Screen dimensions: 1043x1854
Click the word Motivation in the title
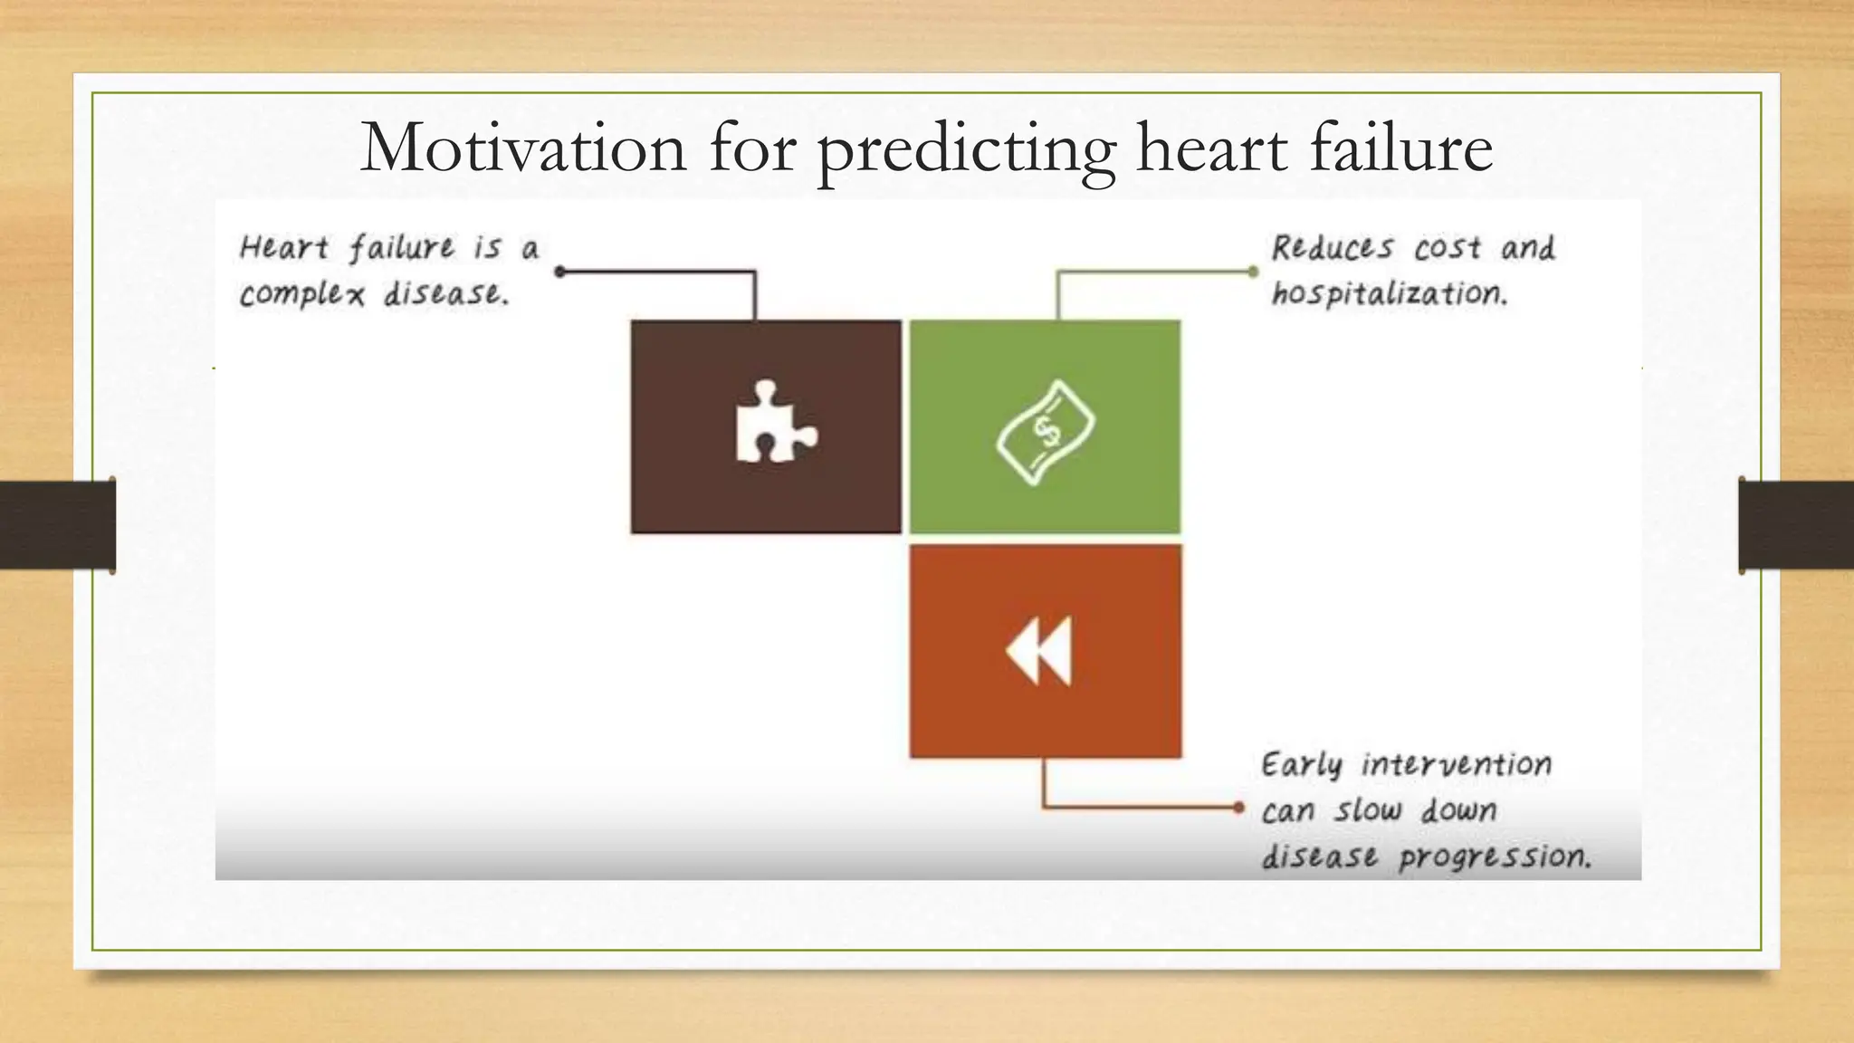pos(523,148)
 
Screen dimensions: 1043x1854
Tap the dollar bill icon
pos(1046,433)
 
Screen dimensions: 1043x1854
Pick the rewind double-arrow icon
pos(1039,650)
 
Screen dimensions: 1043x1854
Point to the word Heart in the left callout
pos(283,248)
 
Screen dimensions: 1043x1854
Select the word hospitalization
pos(1389,294)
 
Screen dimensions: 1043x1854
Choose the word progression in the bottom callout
pos(1495,856)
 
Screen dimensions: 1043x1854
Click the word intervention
pos(1456,765)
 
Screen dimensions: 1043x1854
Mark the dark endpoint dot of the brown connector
pos(559,271)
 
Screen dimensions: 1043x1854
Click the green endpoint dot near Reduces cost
pos(1253,271)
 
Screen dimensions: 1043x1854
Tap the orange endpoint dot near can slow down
pos(1238,807)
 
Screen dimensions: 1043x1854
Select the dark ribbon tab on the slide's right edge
pos(1795,525)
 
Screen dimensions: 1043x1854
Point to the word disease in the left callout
pos(444,294)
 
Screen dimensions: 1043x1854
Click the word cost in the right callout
pos(1448,248)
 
